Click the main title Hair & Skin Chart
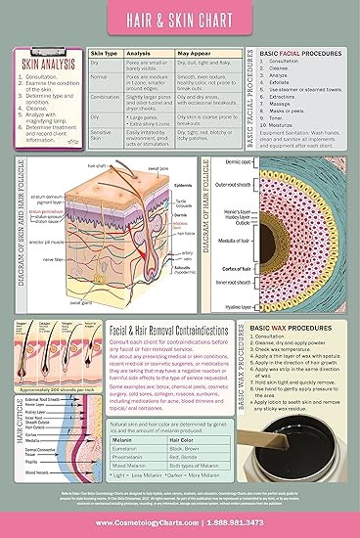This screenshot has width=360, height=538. pyautogui.click(x=179, y=18)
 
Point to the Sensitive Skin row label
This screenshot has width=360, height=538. pyautogui.click(x=103, y=133)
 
